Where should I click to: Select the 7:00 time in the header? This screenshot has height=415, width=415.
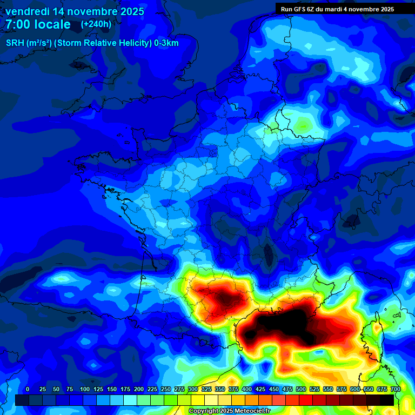tap(21, 24)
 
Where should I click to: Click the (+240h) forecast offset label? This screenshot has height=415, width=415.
tap(96, 24)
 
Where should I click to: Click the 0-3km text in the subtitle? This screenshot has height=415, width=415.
tap(166, 43)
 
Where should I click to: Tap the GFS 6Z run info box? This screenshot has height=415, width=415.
tap(337, 9)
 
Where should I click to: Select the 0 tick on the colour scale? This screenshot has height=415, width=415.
tap(28, 389)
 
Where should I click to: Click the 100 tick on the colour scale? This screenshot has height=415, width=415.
tap(84, 389)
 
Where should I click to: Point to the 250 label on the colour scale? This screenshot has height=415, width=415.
tap(166, 389)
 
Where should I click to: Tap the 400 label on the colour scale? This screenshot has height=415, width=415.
tap(247, 389)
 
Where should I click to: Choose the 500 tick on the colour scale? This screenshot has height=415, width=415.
tap(301, 389)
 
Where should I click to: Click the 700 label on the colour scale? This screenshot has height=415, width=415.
tap(395, 389)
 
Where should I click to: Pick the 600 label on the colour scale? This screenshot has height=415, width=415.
tap(355, 389)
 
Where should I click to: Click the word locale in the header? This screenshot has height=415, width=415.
tap(51, 24)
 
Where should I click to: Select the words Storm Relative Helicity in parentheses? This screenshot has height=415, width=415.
tap(103, 43)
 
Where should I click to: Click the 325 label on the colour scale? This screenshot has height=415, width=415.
tap(206, 389)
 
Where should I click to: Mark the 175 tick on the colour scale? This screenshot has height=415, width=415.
tap(125, 389)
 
